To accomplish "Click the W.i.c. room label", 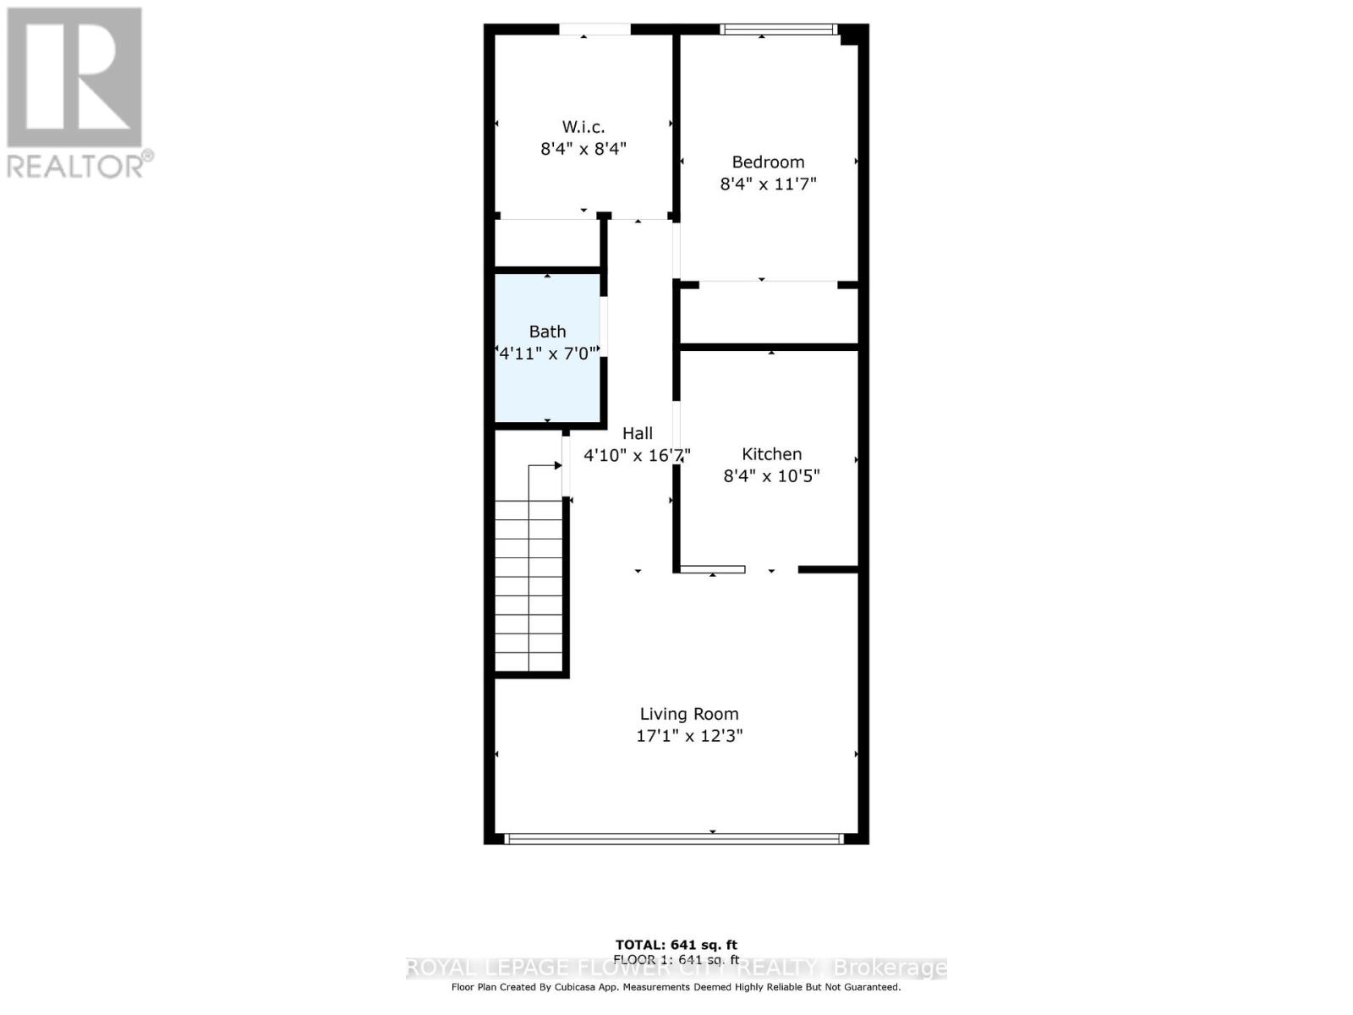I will click(583, 127).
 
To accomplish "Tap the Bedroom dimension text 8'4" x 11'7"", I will click(768, 184).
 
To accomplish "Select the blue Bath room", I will click(547, 381).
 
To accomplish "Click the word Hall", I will click(638, 433).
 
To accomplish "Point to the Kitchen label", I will click(771, 454).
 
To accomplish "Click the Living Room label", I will click(688, 714).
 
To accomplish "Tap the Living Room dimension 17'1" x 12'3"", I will click(688, 736).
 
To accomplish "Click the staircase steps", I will click(529, 584).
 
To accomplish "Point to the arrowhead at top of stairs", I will click(558, 465).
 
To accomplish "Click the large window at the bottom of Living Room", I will click(674, 839).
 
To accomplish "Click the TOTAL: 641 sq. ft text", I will click(676, 945).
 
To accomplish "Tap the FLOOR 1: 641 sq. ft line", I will click(676, 959).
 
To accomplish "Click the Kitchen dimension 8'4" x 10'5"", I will click(771, 476).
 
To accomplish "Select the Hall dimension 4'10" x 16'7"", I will click(637, 455).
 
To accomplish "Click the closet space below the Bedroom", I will click(769, 315).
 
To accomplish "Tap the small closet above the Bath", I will click(547, 244).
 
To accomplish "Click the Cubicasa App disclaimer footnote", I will click(676, 987).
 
